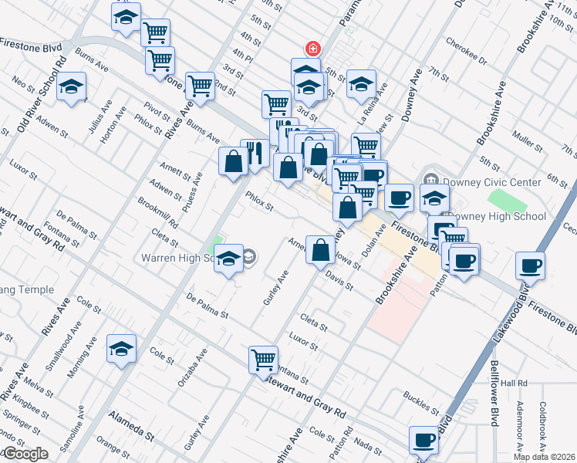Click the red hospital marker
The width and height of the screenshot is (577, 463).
coord(313,49)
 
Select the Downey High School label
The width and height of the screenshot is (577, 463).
coord(497,217)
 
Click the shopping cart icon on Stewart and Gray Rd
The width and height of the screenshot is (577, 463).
coord(263,359)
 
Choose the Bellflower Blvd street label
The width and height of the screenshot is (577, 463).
coord(494,394)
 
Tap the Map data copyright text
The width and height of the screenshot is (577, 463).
coord(544,456)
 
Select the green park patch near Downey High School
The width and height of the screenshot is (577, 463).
coord(507,200)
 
